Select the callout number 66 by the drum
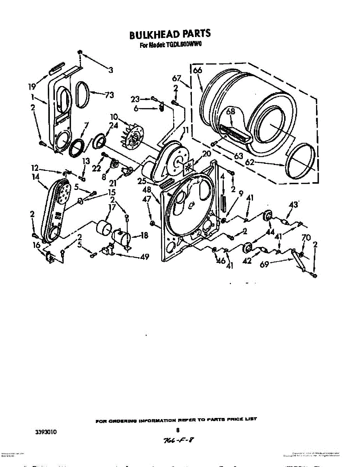(197, 70)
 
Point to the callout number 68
(231, 112)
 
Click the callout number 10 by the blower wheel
(114, 116)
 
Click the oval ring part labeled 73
(82, 94)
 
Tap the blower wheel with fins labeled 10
(133, 138)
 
